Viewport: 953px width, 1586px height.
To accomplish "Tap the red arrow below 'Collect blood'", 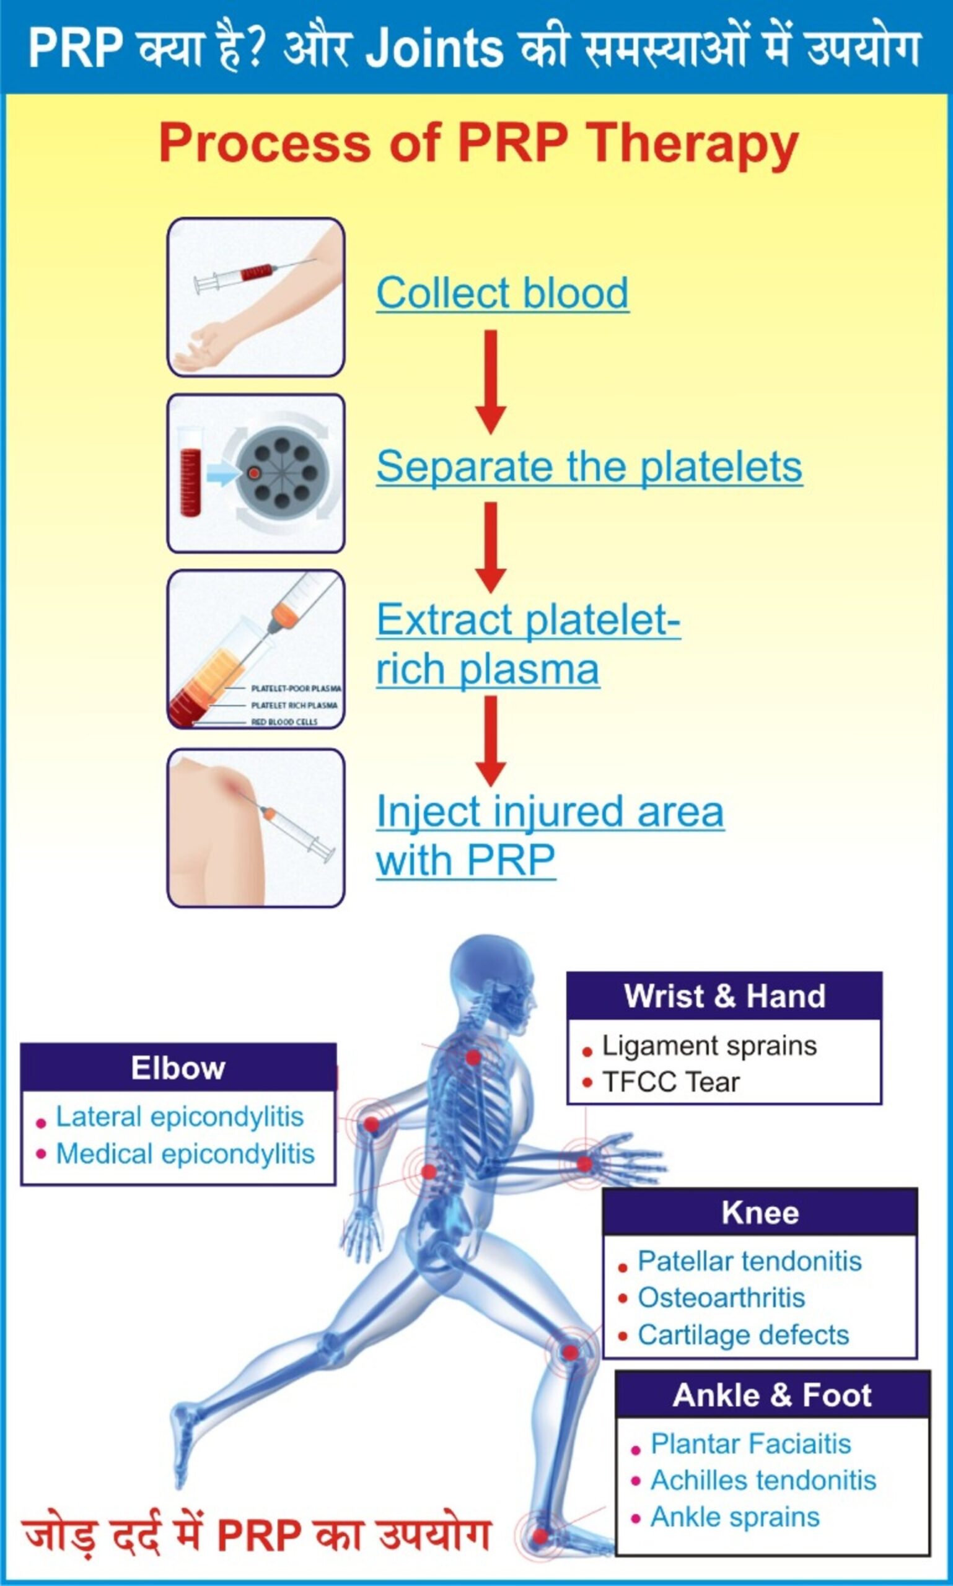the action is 491,382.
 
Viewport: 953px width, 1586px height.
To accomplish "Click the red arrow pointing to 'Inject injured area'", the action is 491,741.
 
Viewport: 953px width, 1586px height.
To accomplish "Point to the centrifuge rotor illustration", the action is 282,473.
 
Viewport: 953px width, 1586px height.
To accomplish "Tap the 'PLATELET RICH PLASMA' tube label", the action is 294,705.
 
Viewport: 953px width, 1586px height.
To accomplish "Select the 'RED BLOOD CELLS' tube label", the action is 284,722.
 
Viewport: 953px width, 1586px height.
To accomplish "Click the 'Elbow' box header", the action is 178,1068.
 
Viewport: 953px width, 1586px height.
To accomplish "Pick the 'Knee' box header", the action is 760,1212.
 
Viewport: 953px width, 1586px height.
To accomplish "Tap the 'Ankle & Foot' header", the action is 773,1395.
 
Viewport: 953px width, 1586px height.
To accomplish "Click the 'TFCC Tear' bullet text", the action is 670,1082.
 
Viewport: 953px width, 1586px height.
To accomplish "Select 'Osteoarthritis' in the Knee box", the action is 721,1298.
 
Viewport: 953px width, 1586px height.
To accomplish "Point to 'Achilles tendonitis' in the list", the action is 763,1480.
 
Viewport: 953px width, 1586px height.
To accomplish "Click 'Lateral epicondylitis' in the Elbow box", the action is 180,1116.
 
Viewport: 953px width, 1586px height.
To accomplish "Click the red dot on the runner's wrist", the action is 584,1163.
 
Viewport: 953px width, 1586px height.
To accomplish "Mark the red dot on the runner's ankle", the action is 541,1536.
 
